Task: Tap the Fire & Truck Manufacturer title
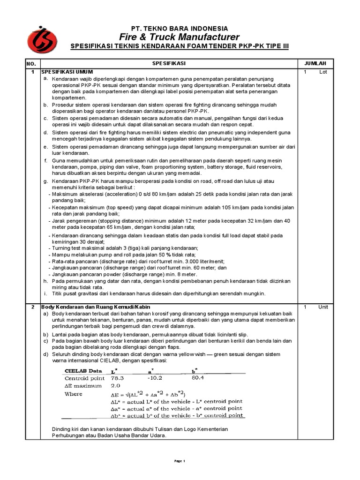180,37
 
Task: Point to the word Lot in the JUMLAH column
323,72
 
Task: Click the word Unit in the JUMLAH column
323,307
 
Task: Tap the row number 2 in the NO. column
32,307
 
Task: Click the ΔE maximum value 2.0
115,386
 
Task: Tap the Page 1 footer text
180,461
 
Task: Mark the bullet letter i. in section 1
45,293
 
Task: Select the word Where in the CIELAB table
73,394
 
